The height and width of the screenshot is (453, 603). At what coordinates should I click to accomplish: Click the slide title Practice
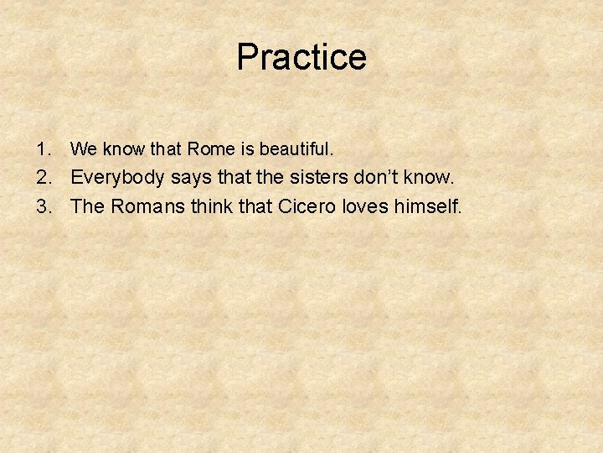click(301, 57)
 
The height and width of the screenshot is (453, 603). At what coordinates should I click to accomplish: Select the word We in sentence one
click(83, 150)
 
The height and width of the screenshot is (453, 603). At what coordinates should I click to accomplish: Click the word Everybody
click(118, 179)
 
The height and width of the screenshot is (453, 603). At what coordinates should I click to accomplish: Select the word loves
click(371, 206)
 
